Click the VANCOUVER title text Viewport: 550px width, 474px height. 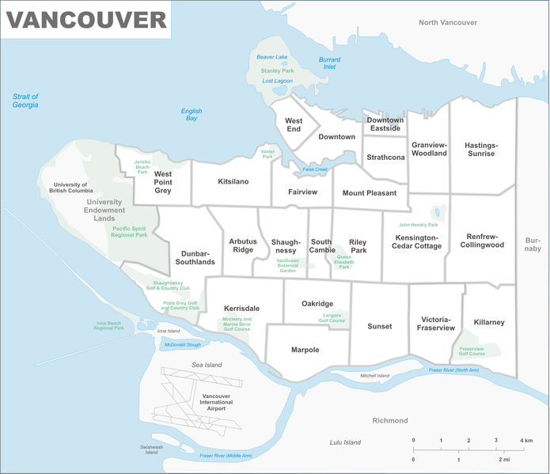87,20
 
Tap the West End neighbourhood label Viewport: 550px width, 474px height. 294,124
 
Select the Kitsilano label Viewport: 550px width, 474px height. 233,182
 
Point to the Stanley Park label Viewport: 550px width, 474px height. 277,70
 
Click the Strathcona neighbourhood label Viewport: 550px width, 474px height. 386,157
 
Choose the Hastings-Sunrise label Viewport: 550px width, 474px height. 480,150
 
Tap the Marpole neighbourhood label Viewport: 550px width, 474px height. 305,350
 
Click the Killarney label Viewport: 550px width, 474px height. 489,322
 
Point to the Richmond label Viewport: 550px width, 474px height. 390,420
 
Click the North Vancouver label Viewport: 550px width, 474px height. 448,23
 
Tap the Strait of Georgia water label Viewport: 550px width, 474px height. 25,100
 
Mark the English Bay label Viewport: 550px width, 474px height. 192,115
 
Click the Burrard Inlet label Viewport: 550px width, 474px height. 329,63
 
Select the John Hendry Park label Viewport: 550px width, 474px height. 419,224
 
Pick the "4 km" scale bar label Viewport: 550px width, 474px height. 526,440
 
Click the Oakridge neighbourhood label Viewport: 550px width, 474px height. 317,304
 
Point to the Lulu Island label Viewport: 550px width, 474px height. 345,442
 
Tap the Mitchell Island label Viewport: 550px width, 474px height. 374,375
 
